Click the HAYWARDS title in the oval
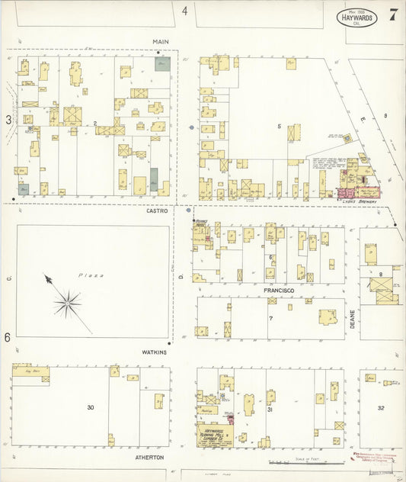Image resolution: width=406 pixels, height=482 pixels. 356,16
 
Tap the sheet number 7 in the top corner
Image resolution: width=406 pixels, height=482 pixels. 392,14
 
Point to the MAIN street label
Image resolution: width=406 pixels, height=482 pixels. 160,42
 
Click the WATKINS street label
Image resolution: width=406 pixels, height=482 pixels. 155,352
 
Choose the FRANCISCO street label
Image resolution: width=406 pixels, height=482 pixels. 280,291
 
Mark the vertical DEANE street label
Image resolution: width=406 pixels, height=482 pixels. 352,319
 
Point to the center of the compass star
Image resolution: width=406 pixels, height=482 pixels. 67,303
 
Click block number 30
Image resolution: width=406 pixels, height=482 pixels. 90,407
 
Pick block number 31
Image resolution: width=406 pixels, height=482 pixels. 270,410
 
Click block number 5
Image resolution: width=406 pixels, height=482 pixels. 279,126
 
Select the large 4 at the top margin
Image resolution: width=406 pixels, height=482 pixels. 184,11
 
